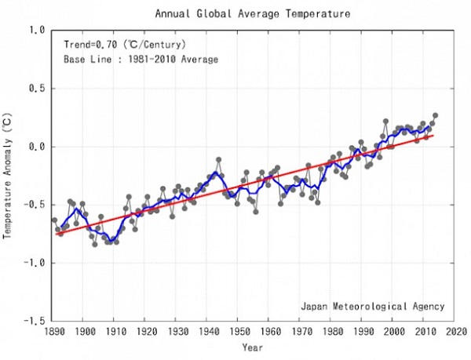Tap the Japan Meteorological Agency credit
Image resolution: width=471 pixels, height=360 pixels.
(372, 306)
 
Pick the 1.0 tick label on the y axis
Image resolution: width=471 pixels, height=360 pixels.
(36, 31)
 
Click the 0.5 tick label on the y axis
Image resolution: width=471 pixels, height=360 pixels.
(36, 89)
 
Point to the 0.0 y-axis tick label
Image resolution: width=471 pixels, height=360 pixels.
(36, 147)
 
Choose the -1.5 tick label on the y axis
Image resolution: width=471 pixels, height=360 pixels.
(34, 322)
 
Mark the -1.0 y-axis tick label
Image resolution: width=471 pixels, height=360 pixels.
(34, 264)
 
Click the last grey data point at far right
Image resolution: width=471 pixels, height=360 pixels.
(435, 115)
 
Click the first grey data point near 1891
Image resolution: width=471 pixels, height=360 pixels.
(54, 220)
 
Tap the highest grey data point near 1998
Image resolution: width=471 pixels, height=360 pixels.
(385, 122)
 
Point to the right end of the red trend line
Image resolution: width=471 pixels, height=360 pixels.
(433, 136)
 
